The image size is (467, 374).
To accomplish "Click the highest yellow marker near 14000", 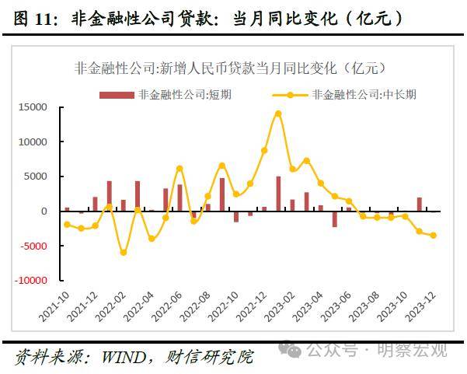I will pos(278,114).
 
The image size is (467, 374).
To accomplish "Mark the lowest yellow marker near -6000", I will pos(123,253).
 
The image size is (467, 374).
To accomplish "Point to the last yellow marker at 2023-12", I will pos(433,236).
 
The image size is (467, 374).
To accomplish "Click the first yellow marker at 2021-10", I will pos(67,225).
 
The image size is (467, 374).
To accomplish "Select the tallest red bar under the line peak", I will pos(278,194).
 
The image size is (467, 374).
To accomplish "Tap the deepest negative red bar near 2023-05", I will pos(335,219).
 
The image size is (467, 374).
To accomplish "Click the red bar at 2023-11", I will pos(420,204).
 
